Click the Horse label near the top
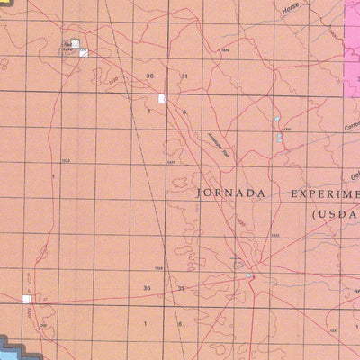289,16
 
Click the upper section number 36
149,76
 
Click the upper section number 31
184,76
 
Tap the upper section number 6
184,112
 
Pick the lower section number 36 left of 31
147,288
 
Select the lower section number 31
181,288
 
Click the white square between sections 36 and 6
163,98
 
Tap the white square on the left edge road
27,299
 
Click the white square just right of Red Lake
83,53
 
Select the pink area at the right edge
352,45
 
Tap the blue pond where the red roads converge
249,275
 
